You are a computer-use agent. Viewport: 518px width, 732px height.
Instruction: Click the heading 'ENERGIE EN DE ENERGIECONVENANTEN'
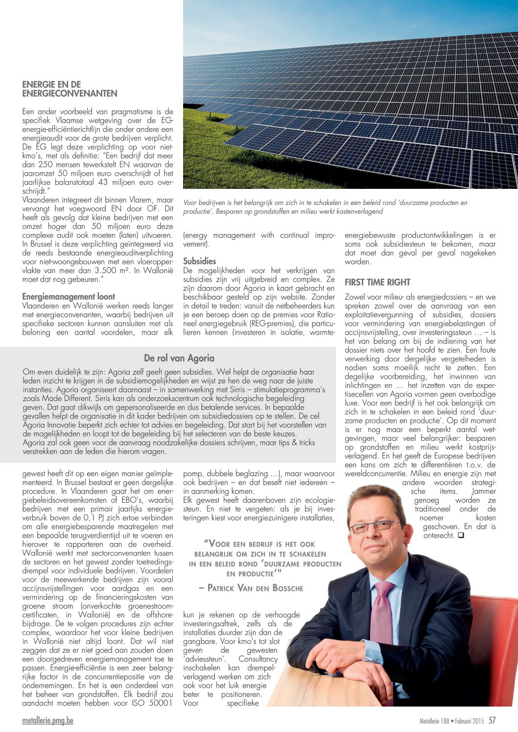coord(70,89)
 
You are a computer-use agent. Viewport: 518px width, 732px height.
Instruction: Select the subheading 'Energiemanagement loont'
coord(69,297)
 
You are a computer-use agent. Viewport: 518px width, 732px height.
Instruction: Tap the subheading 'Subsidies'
coord(199,261)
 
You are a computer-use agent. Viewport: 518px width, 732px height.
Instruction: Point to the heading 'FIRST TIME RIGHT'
coord(377,282)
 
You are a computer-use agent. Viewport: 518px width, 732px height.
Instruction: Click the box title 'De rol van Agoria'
coord(179,358)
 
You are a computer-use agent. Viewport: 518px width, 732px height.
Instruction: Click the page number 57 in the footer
coord(492,720)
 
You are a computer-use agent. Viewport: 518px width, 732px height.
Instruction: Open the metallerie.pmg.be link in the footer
coord(47,721)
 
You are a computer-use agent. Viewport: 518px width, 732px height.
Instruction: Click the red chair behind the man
coord(494,646)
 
